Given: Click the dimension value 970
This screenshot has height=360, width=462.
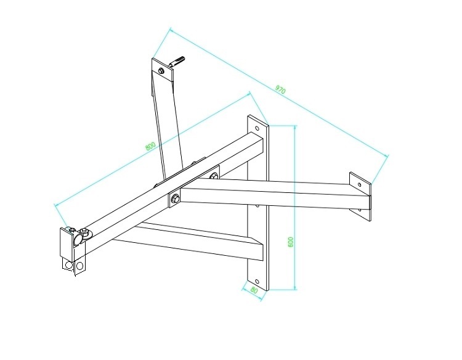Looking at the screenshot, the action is tap(280, 89).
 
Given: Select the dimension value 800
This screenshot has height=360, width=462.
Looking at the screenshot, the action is tap(150, 146).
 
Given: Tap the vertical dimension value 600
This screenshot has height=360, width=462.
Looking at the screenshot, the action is tap(291, 242).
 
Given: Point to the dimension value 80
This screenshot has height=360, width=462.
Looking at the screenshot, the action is tap(254, 290).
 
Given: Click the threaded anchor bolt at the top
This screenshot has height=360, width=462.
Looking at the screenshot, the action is tap(177, 61).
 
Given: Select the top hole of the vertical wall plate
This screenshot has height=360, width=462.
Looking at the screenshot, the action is tap(257, 128).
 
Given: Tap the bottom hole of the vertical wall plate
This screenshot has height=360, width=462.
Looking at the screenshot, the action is tap(257, 281).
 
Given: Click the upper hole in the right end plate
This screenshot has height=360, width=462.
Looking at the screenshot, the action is tap(359, 185).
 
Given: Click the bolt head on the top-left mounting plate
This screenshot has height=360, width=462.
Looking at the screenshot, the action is tap(161, 71).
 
